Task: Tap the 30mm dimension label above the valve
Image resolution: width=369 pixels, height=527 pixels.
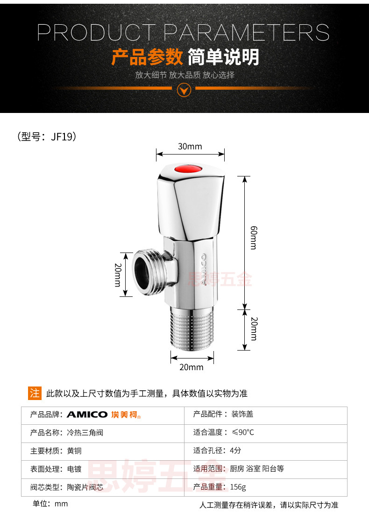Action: point(190,147)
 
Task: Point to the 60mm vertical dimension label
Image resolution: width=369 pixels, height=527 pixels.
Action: point(253,238)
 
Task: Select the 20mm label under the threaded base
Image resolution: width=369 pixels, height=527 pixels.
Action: point(192,367)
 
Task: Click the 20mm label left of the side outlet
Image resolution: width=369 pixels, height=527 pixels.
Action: point(118,274)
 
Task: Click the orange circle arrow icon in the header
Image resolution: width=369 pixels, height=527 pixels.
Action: point(185,89)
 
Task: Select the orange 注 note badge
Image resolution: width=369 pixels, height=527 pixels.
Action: point(35,393)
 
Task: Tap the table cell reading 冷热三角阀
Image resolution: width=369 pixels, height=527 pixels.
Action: point(85,433)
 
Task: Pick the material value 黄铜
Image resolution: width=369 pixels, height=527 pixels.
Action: point(74,451)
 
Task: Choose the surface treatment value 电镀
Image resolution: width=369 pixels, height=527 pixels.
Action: point(74,469)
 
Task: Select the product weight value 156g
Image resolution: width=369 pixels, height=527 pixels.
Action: point(238,487)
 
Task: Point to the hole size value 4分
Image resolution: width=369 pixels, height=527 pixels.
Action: point(235,451)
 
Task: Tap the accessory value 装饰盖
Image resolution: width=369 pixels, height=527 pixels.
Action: point(242,415)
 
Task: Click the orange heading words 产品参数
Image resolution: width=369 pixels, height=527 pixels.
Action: point(147,57)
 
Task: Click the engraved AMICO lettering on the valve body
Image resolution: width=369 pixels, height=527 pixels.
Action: point(204,269)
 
